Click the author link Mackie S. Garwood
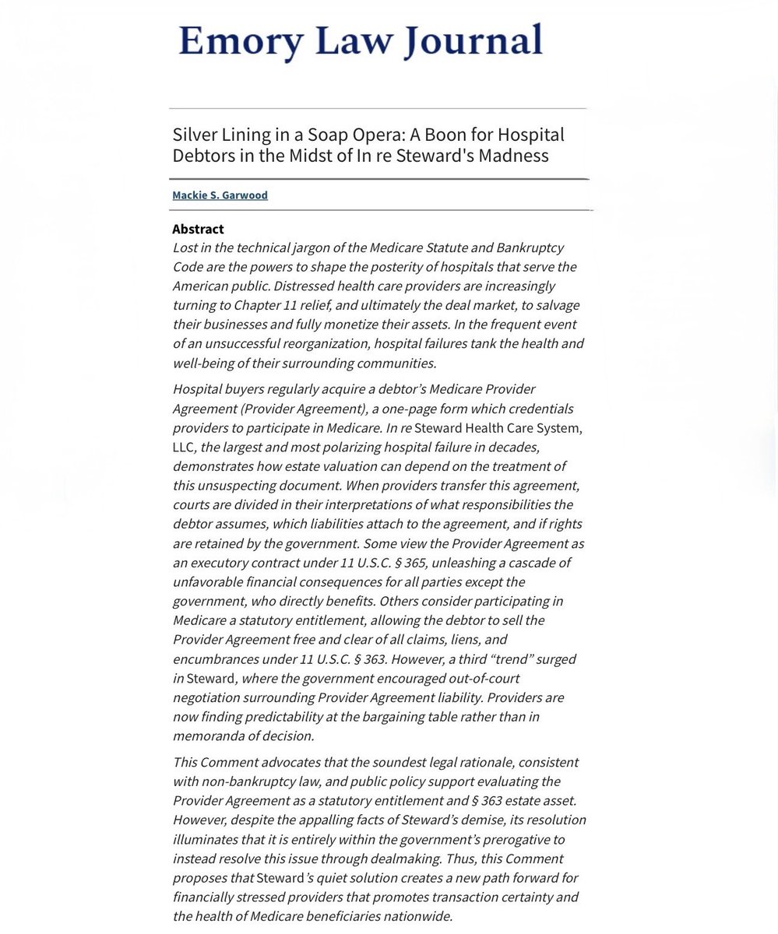click(220, 195)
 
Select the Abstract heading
click(198, 229)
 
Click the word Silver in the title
click(194, 135)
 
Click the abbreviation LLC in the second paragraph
click(184, 447)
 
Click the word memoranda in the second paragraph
click(205, 736)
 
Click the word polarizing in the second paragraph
click(347, 447)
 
